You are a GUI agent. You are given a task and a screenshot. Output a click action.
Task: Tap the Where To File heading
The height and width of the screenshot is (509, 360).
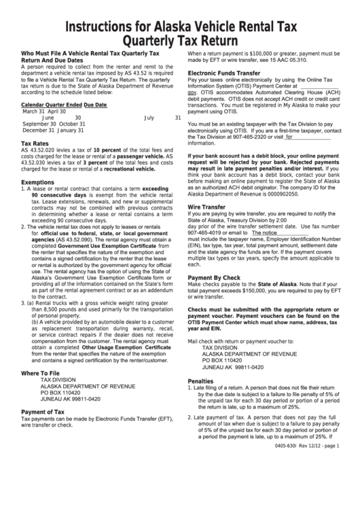pyautogui.click(x=40, y=373)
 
